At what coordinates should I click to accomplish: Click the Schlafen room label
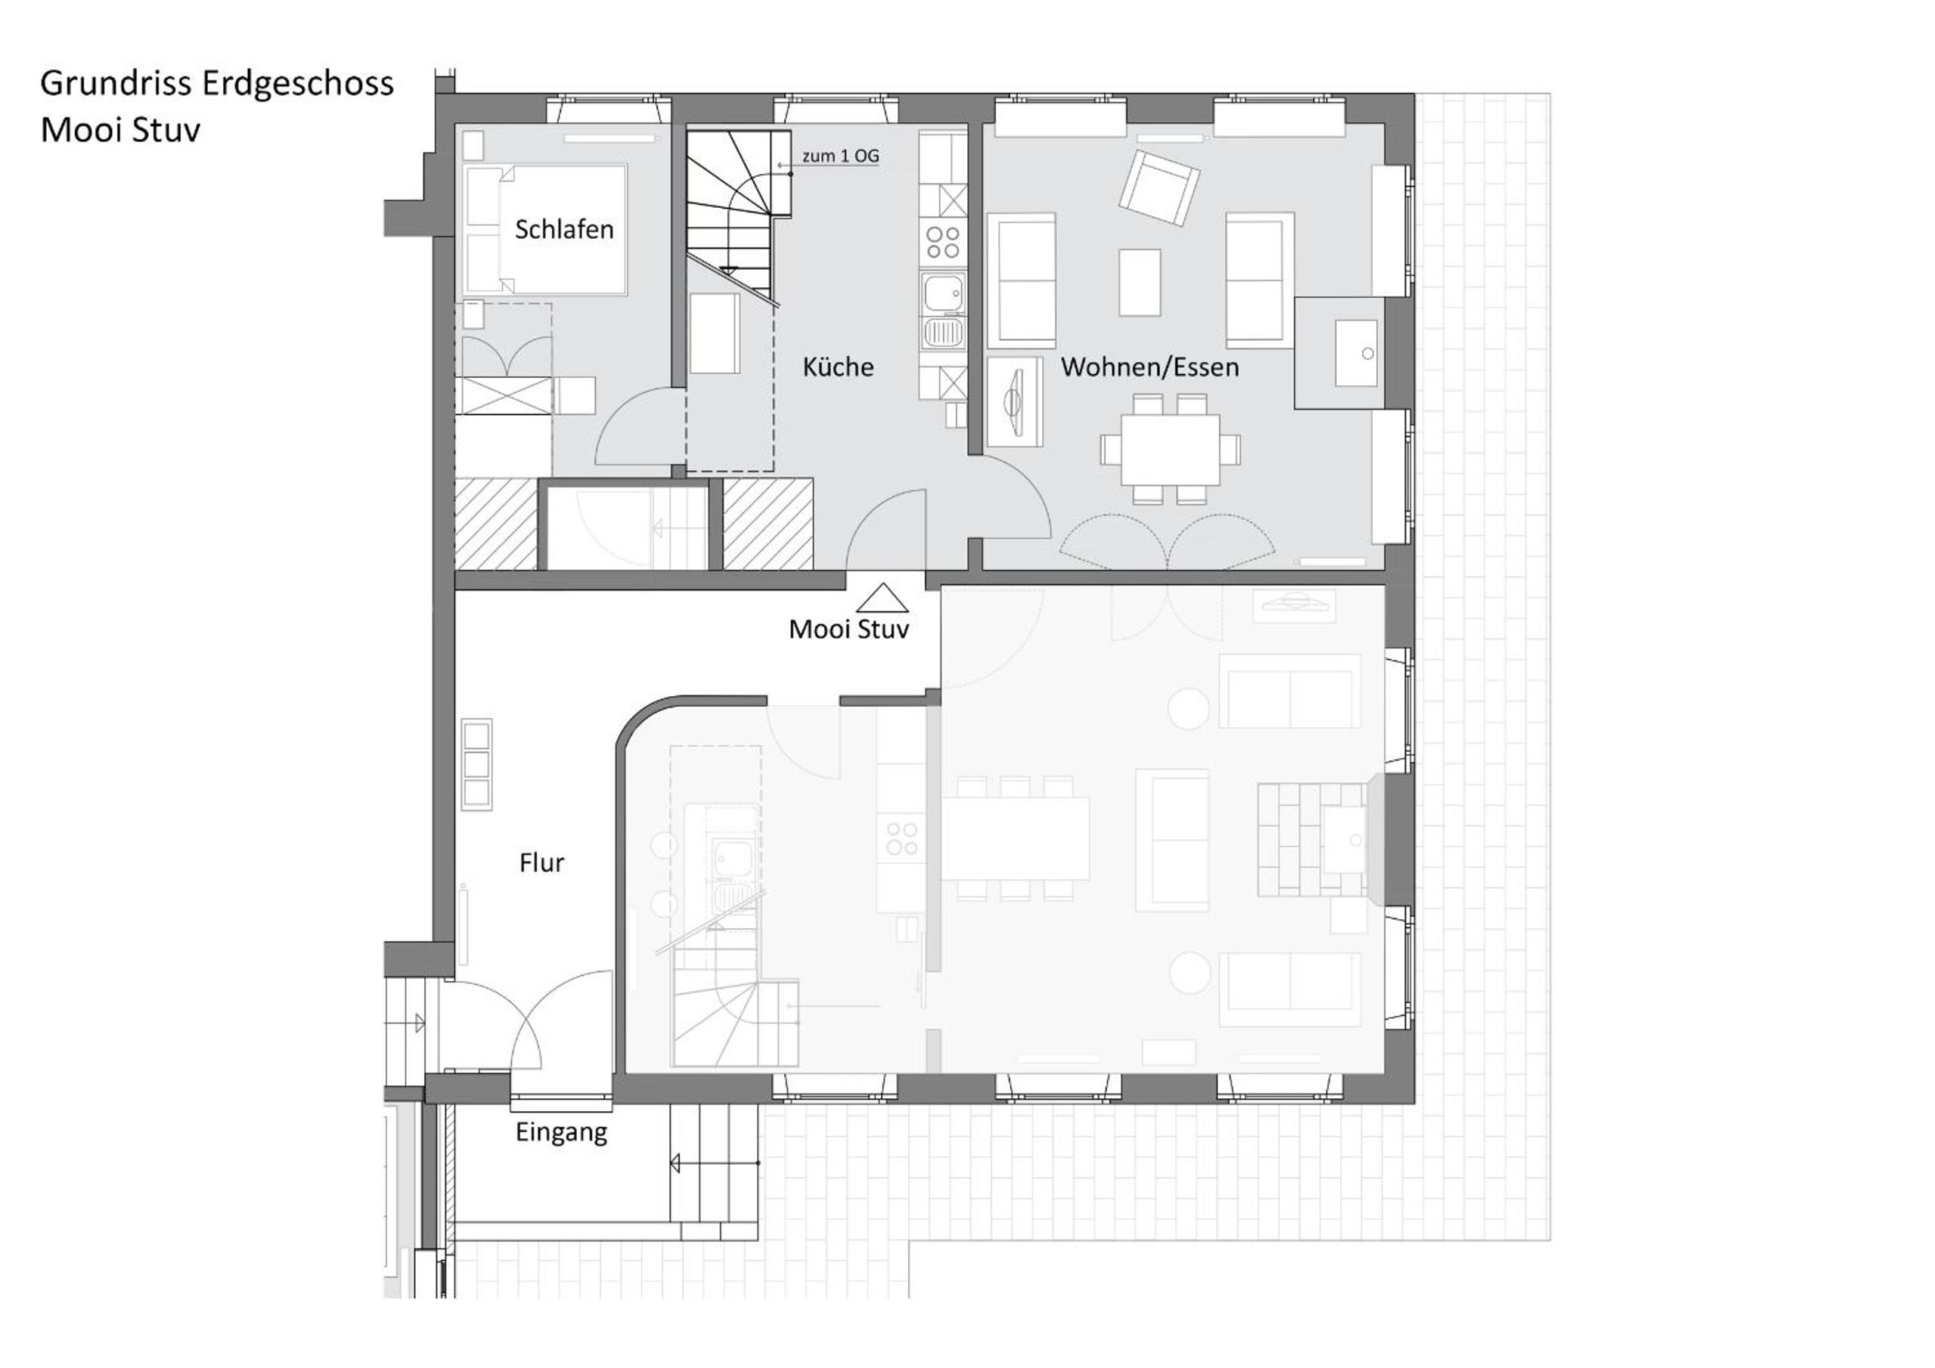[x=564, y=229]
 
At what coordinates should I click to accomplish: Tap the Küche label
[x=838, y=367]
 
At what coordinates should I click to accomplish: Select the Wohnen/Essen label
[x=1149, y=367]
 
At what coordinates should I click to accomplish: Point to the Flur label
[x=541, y=862]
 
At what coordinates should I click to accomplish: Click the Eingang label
[x=561, y=1132]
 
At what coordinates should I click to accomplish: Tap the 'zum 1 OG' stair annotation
[x=840, y=156]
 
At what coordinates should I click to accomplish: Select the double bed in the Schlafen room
[x=545, y=229]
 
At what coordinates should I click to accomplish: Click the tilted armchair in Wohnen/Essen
[x=1159, y=187]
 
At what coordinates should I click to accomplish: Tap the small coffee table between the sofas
[x=1140, y=282]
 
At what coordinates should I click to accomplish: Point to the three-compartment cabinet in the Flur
[x=477, y=765]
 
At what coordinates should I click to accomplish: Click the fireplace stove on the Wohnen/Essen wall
[x=1357, y=353]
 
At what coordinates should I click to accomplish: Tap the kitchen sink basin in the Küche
[x=942, y=292]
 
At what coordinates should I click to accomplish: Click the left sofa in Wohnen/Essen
[x=1022, y=280]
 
